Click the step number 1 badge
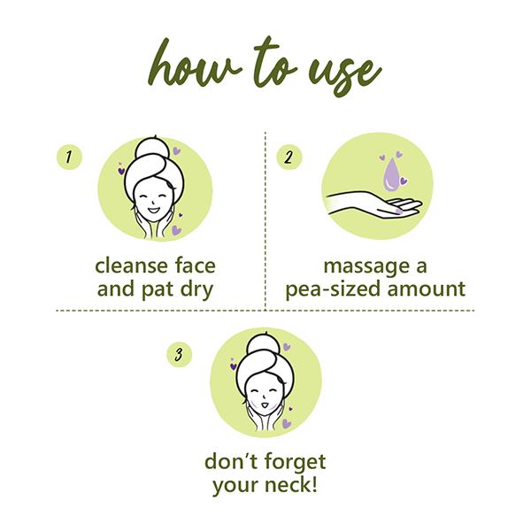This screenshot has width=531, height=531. [69, 157]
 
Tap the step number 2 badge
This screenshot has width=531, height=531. [289, 158]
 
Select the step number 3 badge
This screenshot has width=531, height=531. [179, 355]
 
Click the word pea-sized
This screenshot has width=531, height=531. [334, 290]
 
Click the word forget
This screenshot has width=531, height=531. [295, 463]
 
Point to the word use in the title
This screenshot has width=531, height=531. [345, 73]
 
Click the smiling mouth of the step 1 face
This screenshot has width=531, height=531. [153, 211]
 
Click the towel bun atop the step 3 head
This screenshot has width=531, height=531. [264, 345]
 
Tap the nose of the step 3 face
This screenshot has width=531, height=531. [263, 396]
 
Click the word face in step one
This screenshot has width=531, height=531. [196, 265]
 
